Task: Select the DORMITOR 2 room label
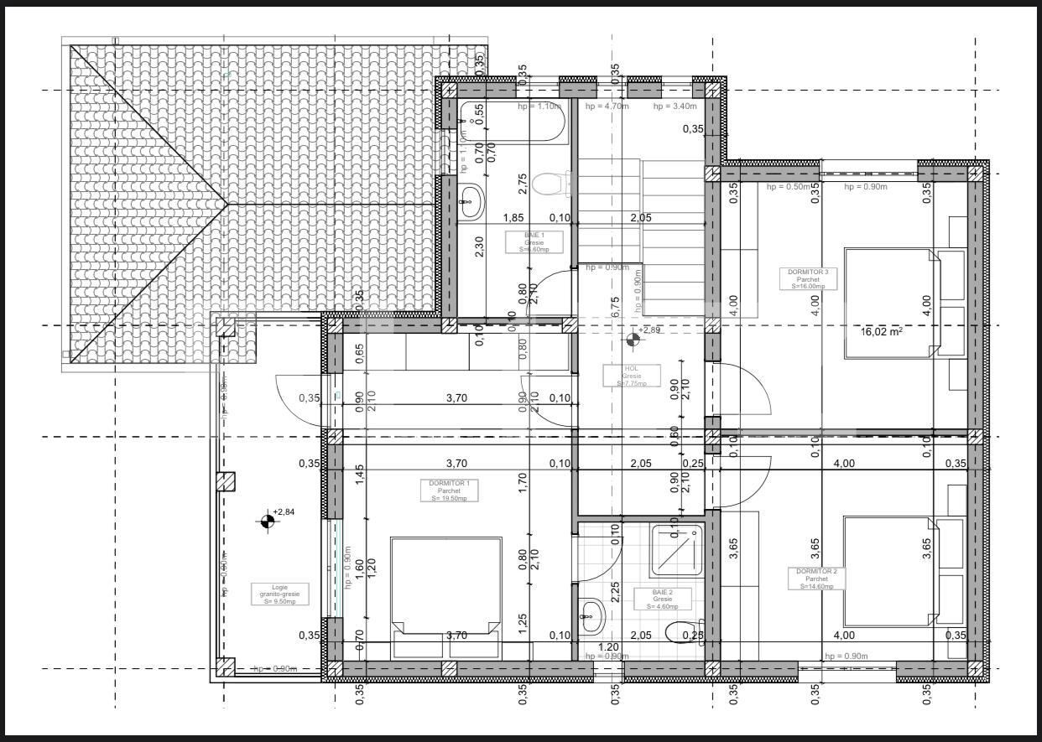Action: coord(816,579)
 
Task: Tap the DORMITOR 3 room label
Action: coord(808,278)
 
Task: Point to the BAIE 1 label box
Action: coord(534,242)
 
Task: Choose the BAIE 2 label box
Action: coord(662,596)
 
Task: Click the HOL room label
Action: coord(631,376)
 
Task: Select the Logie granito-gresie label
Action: coord(279,594)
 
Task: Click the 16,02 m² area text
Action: coord(881,332)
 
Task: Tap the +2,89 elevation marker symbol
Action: coord(632,340)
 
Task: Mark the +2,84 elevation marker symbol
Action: coord(267,521)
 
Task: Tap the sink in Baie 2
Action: coord(591,617)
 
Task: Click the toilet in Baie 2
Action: coord(682,631)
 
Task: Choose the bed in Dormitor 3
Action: coord(892,302)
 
